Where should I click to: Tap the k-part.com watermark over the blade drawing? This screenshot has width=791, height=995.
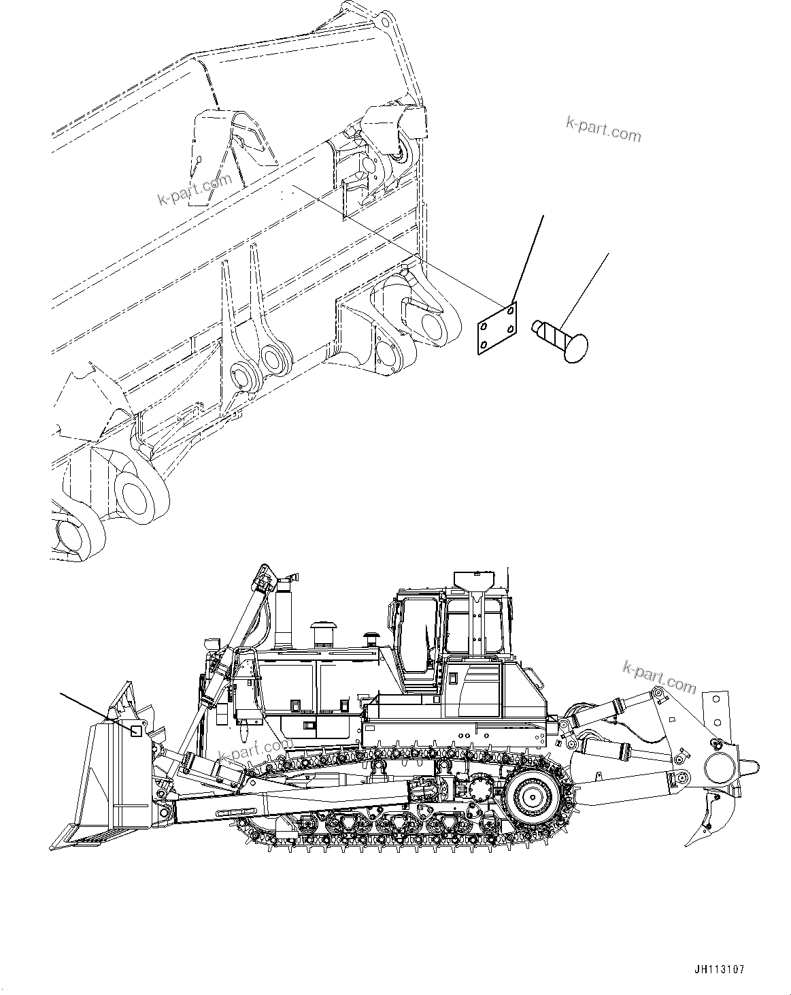(194, 189)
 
